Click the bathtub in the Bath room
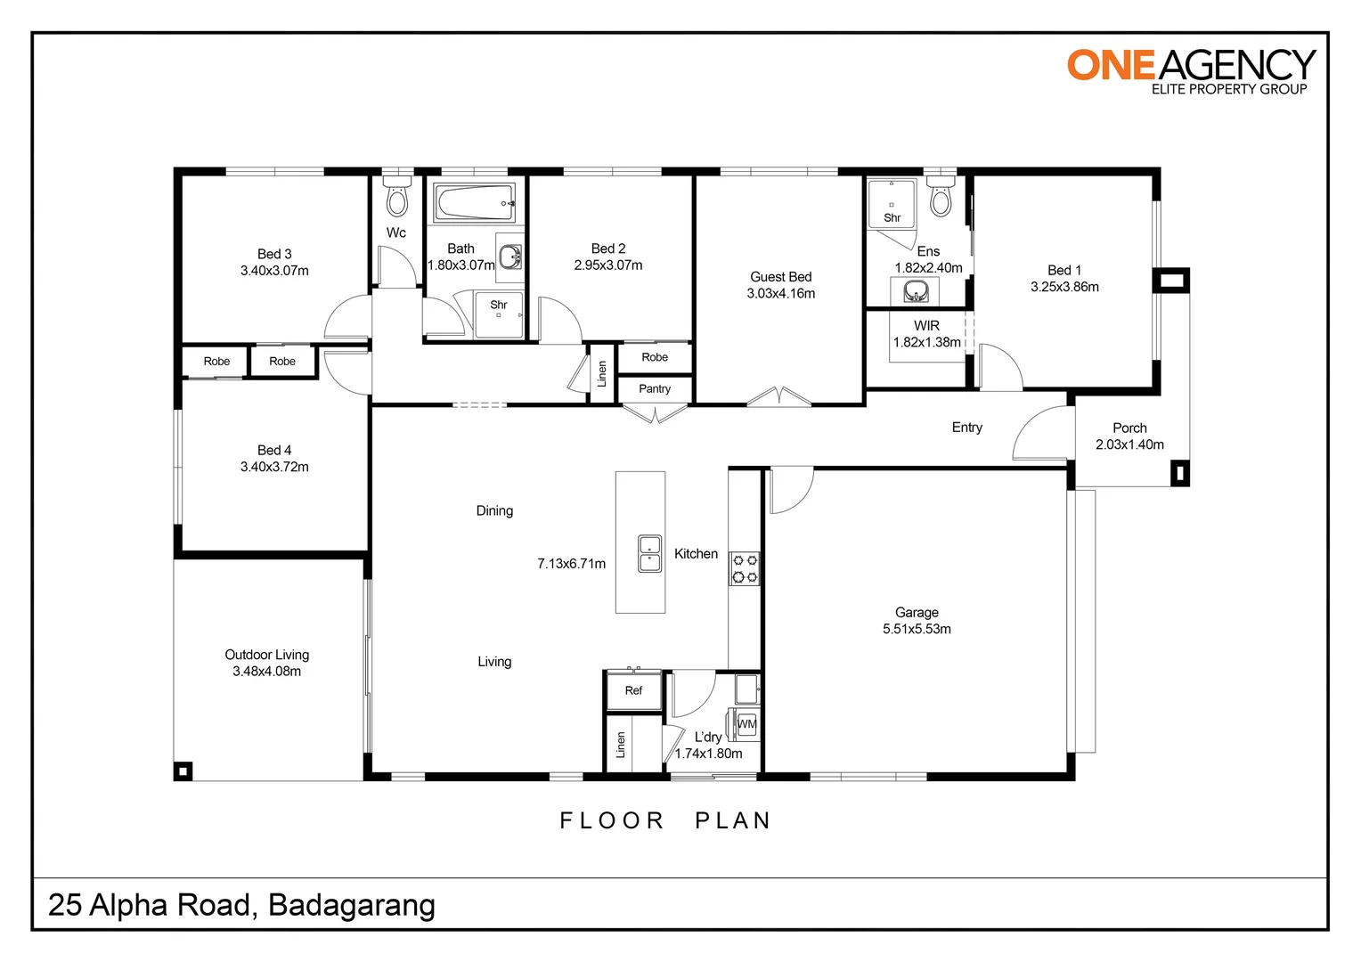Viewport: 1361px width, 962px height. click(475, 202)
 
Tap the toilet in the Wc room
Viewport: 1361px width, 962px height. click(396, 196)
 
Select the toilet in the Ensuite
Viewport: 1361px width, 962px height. click(941, 196)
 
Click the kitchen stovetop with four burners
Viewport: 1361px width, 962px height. click(745, 568)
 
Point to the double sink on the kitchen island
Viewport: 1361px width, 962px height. click(649, 553)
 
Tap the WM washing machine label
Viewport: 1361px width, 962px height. click(746, 724)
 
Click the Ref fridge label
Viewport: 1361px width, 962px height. click(633, 690)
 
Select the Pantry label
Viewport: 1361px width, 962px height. click(655, 389)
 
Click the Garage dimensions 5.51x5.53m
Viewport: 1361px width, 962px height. click(917, 629)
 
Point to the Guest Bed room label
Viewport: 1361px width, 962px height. click(781, 277)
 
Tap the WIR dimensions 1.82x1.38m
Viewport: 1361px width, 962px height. click(926, 342)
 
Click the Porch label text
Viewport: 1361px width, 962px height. click(1129, 428)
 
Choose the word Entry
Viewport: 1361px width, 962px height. click(966, 428)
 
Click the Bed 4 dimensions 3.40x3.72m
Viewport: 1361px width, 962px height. click(274, 467)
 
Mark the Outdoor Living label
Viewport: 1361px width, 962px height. click(266, 655)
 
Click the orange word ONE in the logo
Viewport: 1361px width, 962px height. click(1111, 65)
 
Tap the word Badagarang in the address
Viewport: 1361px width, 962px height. click(352, 906)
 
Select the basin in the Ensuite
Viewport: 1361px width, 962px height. click(915, 291)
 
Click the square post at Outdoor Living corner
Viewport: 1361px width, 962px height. click(183, 771)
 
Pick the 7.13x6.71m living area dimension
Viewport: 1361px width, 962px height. click(571, 564)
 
